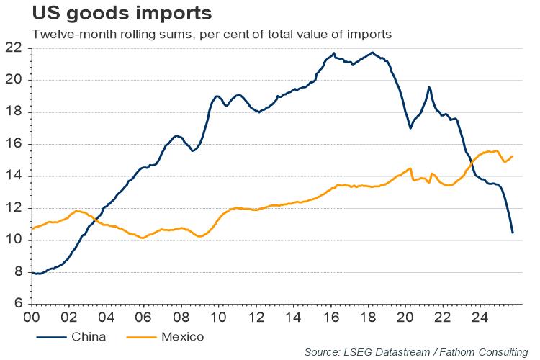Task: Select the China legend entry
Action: click(80, 336)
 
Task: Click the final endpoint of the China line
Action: click(513, 233)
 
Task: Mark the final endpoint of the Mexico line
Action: click(512, 156)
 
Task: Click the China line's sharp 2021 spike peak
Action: click(429, 87)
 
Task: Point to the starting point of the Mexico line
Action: click(32, 228)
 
